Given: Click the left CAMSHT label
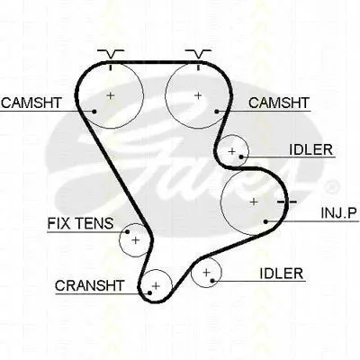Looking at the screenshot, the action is click(x=31, y=103).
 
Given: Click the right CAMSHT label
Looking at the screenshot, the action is click(x=279, y=103).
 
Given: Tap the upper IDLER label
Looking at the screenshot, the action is click(x=311, y=149).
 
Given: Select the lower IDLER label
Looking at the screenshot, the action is click(x=281, y=274).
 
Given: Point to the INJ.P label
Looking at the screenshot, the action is click(x=339, y=213).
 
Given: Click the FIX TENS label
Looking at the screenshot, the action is click(x=80, y=223).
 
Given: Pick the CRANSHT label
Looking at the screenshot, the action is click(x=89, y=285).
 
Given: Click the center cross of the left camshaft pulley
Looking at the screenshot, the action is click(x=111, y=95).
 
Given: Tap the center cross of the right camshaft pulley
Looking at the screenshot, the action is click(x=198, y=95).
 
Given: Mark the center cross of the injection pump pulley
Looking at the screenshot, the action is click(x=254, y=202).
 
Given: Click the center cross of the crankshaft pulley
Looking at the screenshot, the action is click(x=156, y=285).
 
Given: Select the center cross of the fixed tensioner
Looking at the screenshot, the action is click(x=136, y=240).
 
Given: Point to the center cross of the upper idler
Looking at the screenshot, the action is click(x=231, y=151).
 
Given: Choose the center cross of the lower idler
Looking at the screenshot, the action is click(x=206, y=273).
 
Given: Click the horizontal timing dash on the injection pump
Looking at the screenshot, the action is click(x=287, y=202).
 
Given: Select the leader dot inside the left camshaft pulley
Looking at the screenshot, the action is click(x=94, y=112).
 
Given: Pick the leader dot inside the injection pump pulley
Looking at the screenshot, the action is click(x=265, y=221).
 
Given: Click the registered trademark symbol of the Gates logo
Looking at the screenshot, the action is click(x=331, y=187).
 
